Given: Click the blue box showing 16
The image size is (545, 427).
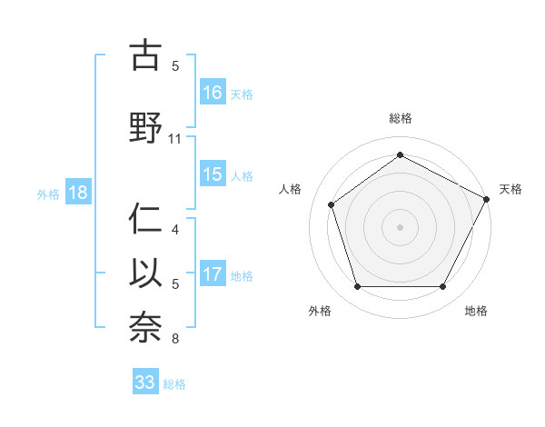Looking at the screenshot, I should (213, 92).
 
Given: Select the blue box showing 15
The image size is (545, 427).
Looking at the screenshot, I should (213, 174).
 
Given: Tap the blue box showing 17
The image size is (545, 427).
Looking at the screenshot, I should (213, 274).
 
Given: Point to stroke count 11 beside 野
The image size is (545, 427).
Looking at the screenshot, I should (175, 138).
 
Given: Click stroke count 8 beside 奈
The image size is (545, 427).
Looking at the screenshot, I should (175, 340).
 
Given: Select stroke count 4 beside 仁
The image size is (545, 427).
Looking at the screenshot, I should (175, 230).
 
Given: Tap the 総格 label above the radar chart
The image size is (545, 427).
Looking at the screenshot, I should (400, 118).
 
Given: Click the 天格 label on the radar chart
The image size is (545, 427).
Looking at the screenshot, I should (511, 189).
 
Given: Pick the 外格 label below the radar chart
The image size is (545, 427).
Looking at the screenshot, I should (320, 311).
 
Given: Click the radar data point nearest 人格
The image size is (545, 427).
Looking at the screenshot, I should (332, 204).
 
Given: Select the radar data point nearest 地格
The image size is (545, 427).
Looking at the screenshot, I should (442, 287).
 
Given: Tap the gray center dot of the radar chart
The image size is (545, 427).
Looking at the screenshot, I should (400, 227).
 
